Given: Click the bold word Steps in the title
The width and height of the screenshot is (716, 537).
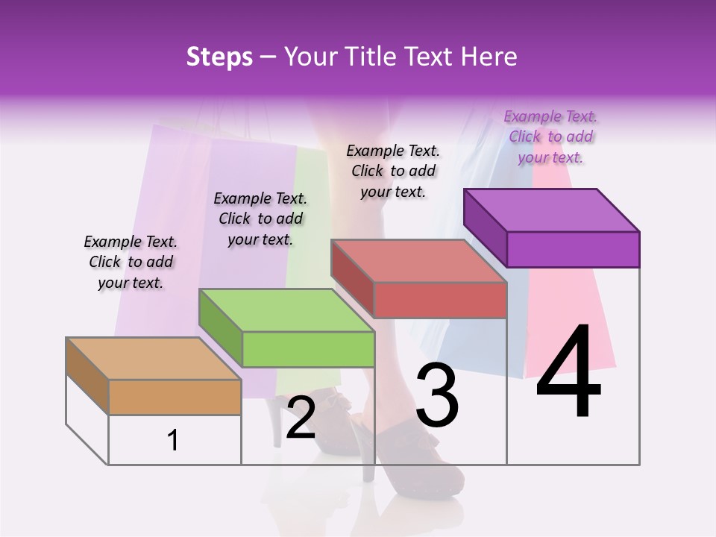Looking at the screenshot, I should point(219,57).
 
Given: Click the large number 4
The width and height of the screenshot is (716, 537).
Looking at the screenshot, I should point(568,374).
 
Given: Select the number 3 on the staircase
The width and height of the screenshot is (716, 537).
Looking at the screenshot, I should point(437,395).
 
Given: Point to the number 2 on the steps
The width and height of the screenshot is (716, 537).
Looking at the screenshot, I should point(301,418).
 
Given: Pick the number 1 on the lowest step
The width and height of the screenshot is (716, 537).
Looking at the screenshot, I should point(173,441).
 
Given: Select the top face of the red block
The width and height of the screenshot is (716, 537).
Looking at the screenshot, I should point(418,261).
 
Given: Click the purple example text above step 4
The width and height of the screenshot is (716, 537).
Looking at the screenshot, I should point(550,136).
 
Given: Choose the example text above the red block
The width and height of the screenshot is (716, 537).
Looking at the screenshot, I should point(393,171).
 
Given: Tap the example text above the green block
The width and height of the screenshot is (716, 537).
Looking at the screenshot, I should point(260,219).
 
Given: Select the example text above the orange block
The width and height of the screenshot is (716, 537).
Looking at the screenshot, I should point(131,262).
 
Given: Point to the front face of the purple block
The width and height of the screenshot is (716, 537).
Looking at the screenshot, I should point(573,249).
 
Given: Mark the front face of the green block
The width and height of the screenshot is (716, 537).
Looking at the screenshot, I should point(308,349).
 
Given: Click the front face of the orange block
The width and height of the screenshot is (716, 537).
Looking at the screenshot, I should point(175,397).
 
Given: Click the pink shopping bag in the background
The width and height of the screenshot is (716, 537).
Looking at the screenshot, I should point(574,328).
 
